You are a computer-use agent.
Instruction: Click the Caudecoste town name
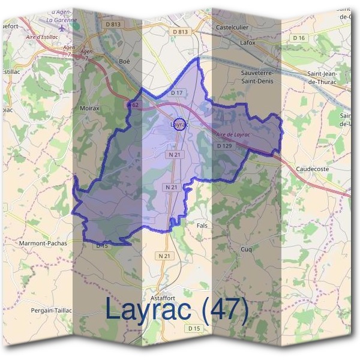click(313, 169)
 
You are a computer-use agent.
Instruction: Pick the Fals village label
click(202, 225)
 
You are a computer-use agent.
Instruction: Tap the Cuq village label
click(246, 249)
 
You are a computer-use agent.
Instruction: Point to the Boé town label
click(124, 61)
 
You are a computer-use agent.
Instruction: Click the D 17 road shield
click(176, 93)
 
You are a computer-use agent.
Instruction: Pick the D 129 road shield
click(224, 146)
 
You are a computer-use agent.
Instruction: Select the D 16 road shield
click(299, 38)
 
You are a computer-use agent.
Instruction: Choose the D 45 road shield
click(101, 245)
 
